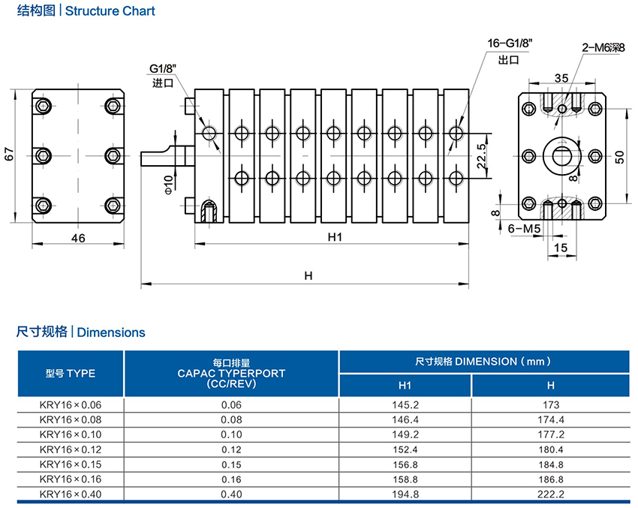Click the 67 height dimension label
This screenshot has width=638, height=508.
[9, 154]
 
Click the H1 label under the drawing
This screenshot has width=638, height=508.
[334, 237]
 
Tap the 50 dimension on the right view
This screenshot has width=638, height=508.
[619, 156]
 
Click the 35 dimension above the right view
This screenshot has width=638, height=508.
[561, 77]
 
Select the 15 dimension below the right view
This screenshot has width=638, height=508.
[561, 247]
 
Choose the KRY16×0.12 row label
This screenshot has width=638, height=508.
[70, 449]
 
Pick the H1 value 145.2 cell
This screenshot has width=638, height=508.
[405, 405]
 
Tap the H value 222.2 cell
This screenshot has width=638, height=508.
[550, 494]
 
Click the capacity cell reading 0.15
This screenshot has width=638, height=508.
[231, 464]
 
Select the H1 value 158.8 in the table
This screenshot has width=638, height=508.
[405, 479]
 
